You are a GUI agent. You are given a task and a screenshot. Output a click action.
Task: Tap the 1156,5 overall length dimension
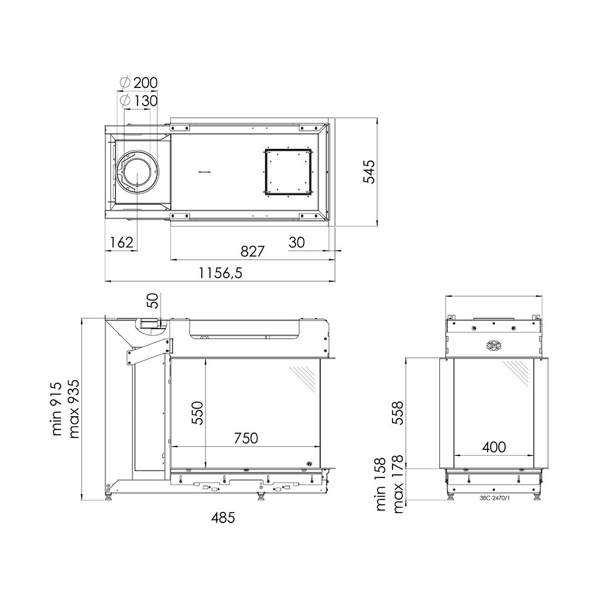coord(221,273)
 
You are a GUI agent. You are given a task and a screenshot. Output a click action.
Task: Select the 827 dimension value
coord(252,251)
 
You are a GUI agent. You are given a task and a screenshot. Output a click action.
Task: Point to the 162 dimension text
coord(121,242)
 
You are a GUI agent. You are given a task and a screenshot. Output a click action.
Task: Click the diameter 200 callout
coord(139,83)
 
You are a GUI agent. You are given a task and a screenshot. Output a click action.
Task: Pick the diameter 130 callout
coord(139,100)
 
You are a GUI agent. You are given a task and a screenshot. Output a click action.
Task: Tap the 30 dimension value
coord(297,242)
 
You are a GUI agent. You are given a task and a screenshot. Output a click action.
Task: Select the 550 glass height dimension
coord(197,413)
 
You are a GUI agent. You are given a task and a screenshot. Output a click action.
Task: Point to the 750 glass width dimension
coord(246,438)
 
